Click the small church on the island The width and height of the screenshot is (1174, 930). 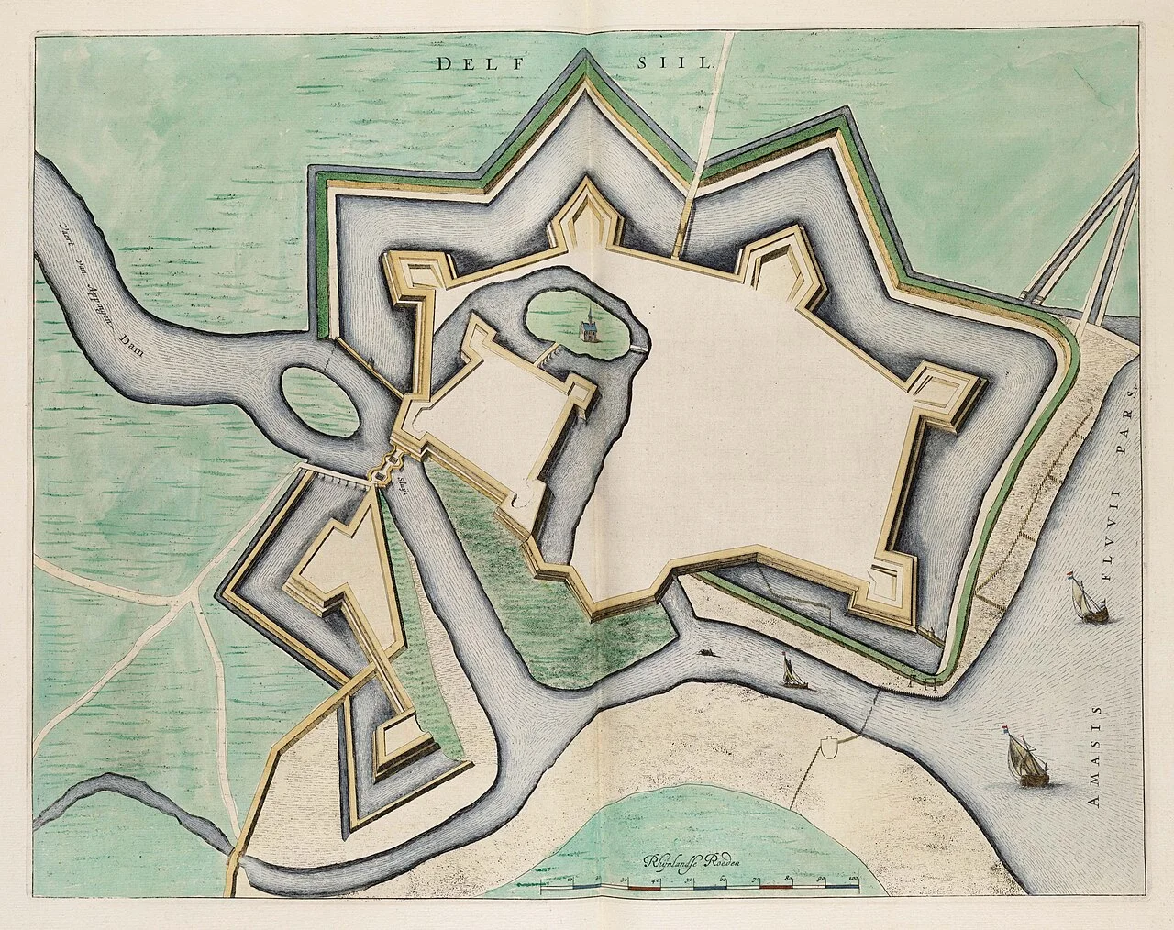[x=586, y=326]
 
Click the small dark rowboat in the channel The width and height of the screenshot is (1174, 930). [x=708, y=654]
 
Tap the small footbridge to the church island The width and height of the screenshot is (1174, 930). [x=551, y=352]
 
